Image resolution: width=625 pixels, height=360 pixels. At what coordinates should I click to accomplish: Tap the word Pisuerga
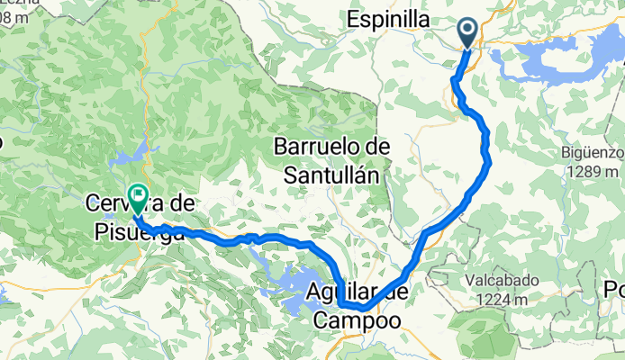[x=139, y=231]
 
